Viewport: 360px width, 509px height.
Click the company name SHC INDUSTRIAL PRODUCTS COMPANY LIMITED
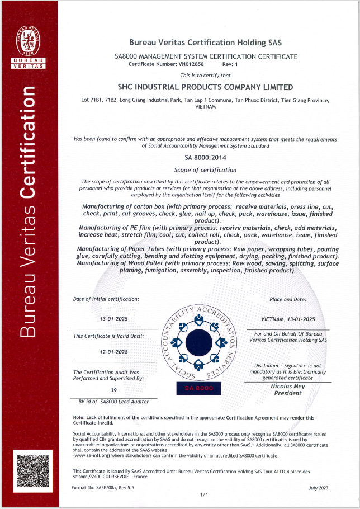click(x=206, y=87)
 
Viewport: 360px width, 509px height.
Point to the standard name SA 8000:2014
click(x=206, y=158)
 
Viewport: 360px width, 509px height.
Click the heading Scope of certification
click(x=206, y=170)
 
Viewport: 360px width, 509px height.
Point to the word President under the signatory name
click(x=288, y=393)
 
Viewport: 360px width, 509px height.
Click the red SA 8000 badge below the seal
click(x=199, y=388)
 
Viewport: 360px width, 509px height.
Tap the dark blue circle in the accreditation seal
click(x=199, y=342)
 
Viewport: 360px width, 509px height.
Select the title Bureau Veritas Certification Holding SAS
click(x=206, y=42)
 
